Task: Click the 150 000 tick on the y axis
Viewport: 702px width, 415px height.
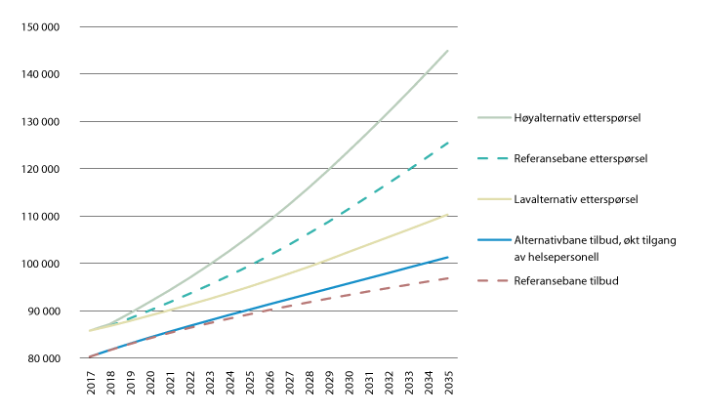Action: (41, 26)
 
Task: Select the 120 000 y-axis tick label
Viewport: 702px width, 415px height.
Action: (41, 169)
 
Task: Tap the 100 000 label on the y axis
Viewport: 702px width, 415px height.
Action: (41, 264)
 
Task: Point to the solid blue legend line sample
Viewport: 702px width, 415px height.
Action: (496, 239)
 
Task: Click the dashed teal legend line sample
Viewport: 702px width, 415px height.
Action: (496, 158)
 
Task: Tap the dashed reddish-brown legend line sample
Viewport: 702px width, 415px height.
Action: (496, 280)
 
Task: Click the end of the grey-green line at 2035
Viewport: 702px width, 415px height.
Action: (448, 50)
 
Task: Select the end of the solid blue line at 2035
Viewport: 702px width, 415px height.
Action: (448, 257)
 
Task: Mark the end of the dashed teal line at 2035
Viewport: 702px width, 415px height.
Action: (448, 142)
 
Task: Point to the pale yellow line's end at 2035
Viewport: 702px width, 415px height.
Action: (448, 214)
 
